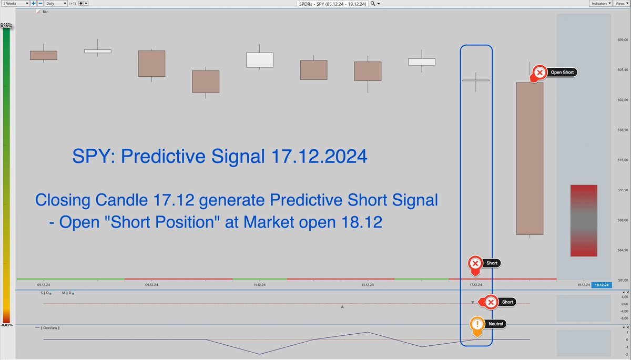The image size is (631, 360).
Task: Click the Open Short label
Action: point(562,73)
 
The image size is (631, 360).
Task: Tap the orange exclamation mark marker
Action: point(477,324)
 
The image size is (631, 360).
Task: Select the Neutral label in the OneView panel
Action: point(495,324)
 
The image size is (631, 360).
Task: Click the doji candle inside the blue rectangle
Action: point(476,80)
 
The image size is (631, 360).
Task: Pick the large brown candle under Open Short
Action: point(530,158)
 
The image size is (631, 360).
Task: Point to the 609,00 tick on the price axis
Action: point(623,40)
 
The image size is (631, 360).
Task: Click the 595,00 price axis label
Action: point(623,160)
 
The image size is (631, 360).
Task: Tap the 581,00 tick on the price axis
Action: point(623,280)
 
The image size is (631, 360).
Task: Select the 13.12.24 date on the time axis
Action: point(367,285)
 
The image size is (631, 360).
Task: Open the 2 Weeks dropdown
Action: point(15,3)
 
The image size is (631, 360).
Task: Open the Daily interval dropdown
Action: point(56,3)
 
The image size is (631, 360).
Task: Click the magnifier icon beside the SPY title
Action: point(373,3)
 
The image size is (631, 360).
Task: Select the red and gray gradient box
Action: point(583,221)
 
